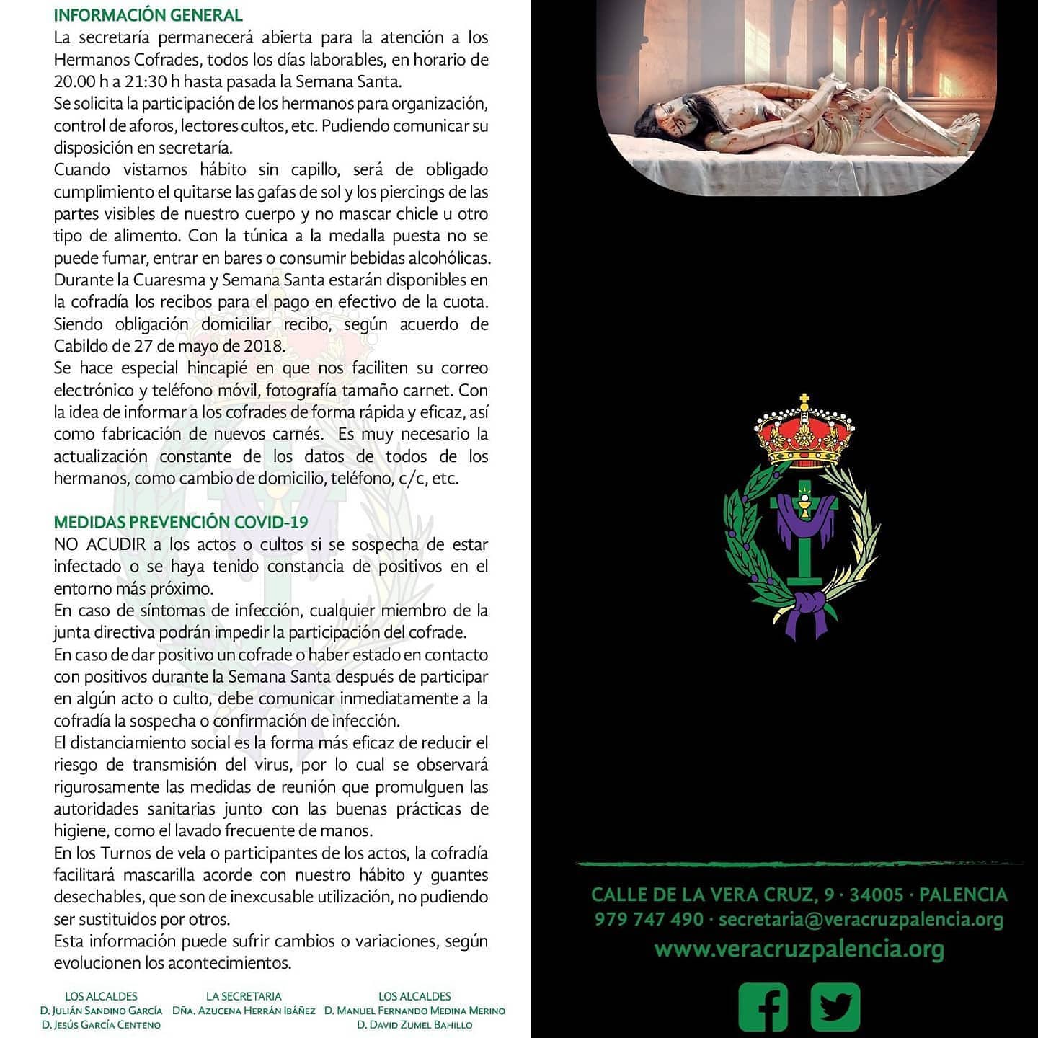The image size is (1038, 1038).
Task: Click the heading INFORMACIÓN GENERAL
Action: tap(148, 15)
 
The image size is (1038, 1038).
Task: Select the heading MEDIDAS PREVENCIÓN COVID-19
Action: tap(181, 523)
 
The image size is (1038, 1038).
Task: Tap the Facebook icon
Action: tap(763, 1006)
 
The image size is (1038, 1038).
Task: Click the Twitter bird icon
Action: tap(835, 1006)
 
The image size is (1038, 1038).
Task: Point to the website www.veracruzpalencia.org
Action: tap(799, 949)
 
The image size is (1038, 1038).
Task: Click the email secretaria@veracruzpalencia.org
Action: tap(861, 920)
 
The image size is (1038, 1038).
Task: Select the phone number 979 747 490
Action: tap(649, 920)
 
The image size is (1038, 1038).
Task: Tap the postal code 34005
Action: tap(876, 895)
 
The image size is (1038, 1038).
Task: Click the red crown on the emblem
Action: tap(804, 435)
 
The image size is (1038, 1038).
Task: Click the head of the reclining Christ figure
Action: tap(674, 115)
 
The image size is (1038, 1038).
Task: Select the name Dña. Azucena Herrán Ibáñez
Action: tap(244, 1011)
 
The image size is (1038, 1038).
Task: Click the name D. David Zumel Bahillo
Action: tap(414, 1025)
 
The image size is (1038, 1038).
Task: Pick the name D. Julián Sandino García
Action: tap(101, 1011)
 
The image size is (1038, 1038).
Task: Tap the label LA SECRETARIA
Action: tap(244, 996)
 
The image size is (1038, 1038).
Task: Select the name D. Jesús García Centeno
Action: tap(101, 1025)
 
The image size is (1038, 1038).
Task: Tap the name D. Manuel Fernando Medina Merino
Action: tap(414, 1011)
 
